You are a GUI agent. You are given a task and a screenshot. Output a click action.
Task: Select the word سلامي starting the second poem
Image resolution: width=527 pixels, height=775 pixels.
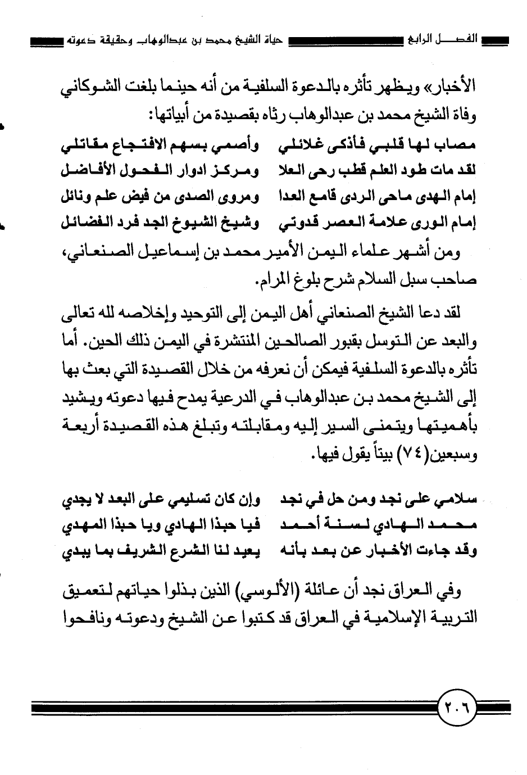458,497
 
